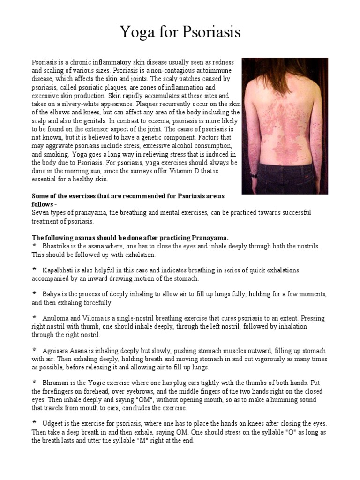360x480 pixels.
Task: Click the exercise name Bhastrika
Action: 57,246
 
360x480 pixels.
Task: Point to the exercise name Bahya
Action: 51,294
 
